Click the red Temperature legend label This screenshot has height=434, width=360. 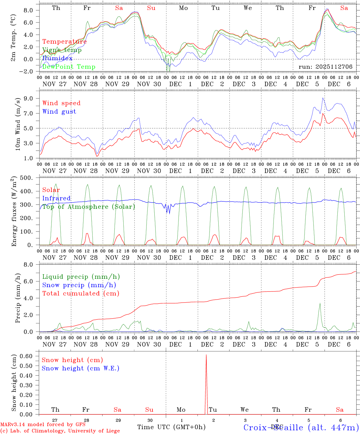coord(64,42)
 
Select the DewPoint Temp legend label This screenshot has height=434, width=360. coord(69,67)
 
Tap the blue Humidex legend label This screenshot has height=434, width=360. coord(57,58)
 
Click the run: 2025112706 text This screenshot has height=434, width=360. coord(325,67)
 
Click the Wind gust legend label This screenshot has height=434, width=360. coord(59,112)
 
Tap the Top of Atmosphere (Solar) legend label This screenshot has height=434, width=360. coord(89,206)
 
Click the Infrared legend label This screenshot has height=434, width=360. coord(56,198)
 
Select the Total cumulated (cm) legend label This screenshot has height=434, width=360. coord(81,293)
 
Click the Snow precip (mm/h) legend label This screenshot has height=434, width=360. coord(79,285)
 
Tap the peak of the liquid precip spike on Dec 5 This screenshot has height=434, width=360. coord(320,303)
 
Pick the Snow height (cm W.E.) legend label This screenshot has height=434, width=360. coord(81,368)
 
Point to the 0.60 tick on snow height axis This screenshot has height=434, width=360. coord(30,356)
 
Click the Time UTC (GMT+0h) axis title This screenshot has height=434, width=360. coord(171,427)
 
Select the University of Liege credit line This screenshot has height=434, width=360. coord(60,431)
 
